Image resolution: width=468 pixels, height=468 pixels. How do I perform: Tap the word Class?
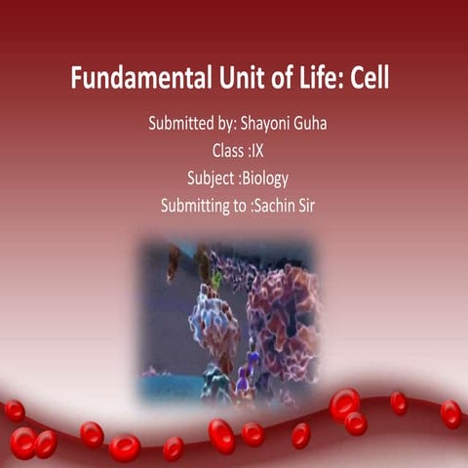click(228, 151)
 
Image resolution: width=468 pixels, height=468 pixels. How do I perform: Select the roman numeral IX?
click(258, 151)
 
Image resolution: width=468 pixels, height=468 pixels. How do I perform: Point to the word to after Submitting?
click(240, 206)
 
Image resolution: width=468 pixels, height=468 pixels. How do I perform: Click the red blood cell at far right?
click(450, 413)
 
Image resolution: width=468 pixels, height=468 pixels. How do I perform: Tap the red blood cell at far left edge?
click(14, 410)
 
